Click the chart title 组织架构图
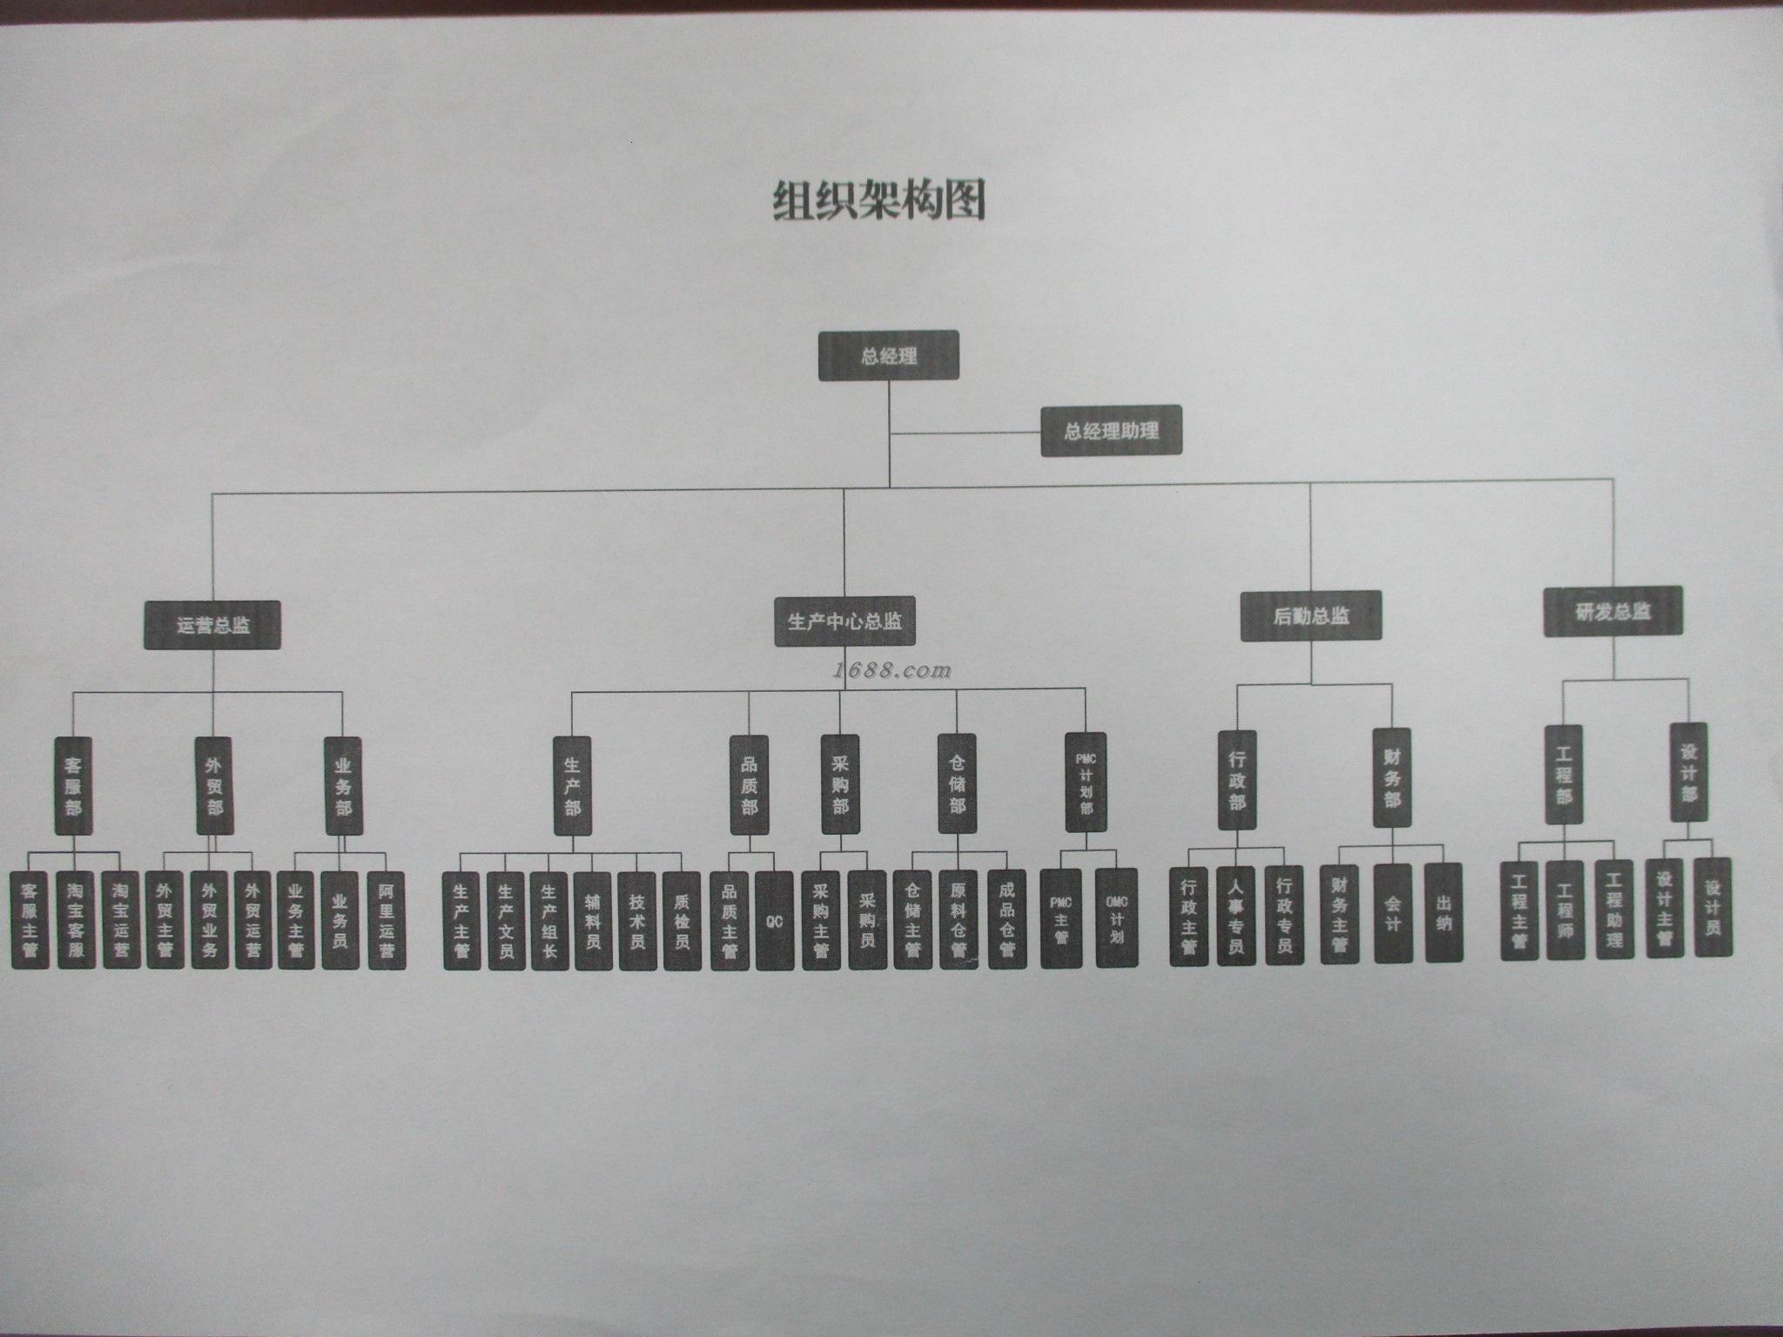[879, 201]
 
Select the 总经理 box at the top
[888, 355]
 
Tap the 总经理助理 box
[1111, 430]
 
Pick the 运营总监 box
[212, 624]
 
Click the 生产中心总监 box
[844, 621]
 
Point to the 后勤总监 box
[1311, 616]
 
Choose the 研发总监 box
[1612, 610]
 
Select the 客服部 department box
[73, 787]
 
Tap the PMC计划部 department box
[1086, 782]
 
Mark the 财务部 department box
[1392, 777]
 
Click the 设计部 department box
[1688, 772]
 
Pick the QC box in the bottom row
[775, 920]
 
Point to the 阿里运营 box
[387, 921]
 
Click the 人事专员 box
[1235, 916]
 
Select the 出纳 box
[1443, 911]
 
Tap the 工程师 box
[1565, 910]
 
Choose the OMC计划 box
[1116, 917]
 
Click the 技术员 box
[636, 921]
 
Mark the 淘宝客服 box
[76, 921]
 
